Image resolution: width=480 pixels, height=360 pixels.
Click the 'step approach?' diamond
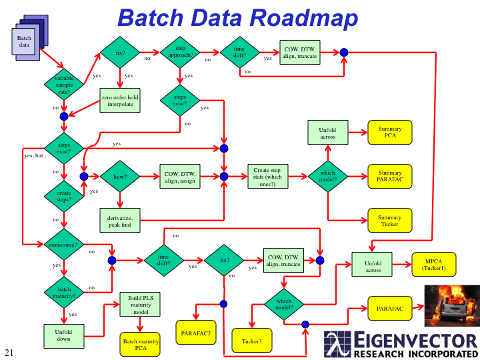click(x=180, y=52)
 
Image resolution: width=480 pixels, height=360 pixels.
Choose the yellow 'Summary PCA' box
click(x=390, y=132)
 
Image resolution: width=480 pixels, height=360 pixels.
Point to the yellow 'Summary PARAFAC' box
click(x=390, y=177)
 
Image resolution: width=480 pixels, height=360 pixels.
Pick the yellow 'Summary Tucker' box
click(x=390, y=221)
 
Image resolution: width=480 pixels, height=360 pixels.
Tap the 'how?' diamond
click(x=119, y=177)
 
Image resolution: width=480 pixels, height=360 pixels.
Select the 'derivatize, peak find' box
click(x=120, y=221)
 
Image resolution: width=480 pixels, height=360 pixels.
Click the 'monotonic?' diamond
click(x=64, y=245)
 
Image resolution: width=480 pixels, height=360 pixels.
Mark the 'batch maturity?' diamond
click(x=64, y=291)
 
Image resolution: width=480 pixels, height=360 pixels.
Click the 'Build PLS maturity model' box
click(x=141, y=305)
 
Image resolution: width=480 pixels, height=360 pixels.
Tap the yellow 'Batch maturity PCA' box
click(x=141, y=345)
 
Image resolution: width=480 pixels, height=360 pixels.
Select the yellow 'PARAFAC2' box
click(x=196, y=331)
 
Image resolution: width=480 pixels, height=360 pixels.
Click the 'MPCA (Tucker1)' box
click(x=434, y=264)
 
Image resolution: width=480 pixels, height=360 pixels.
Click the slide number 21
click(x=9, y=352)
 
